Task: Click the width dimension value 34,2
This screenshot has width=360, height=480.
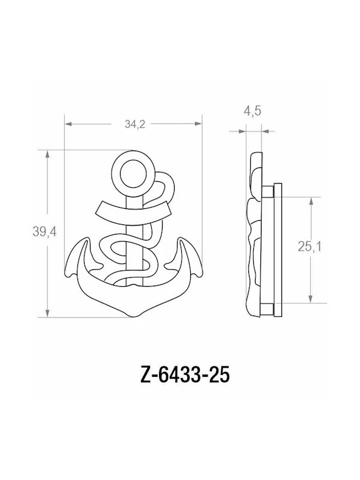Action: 134,124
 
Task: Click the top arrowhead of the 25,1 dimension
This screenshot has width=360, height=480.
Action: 310,200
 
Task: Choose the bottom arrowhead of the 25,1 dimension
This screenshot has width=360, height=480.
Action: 310,301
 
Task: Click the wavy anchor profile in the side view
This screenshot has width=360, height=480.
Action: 253,234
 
